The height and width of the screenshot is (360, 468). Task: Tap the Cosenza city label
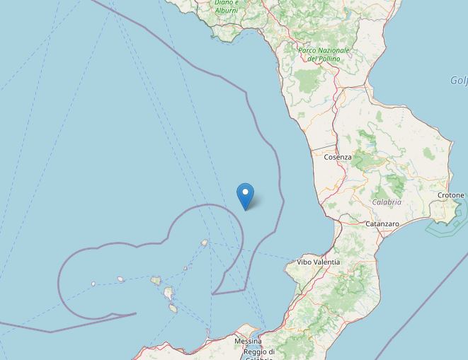(x=337, y=156)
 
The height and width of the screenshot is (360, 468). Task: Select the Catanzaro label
(x=382, y=223)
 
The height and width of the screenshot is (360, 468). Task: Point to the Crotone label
(x=451, y=195)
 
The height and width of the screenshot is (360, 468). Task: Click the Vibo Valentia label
(x=318, y=262)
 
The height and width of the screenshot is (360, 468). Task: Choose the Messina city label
(x=248, y=341)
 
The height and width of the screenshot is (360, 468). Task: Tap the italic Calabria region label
(x=387, y=202)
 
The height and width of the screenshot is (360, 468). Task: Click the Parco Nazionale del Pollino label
(x=324, y=54)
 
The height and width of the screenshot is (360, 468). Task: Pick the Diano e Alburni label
(x=227, y=7)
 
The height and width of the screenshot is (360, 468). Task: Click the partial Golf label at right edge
(x=459, y=81)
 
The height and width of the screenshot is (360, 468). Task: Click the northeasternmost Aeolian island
(x=205, y=243)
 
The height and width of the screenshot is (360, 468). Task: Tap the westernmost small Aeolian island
(x=93, y=284)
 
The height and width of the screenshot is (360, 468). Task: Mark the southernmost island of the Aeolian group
(x=173, y=308)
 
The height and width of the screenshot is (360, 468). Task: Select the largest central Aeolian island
(x=169, y=293)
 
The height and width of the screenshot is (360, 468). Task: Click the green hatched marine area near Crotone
(x=443, y=225)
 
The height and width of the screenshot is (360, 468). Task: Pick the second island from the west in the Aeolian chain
(x=121, y=279)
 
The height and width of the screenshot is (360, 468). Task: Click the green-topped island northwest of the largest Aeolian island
(x=156, y=281)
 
